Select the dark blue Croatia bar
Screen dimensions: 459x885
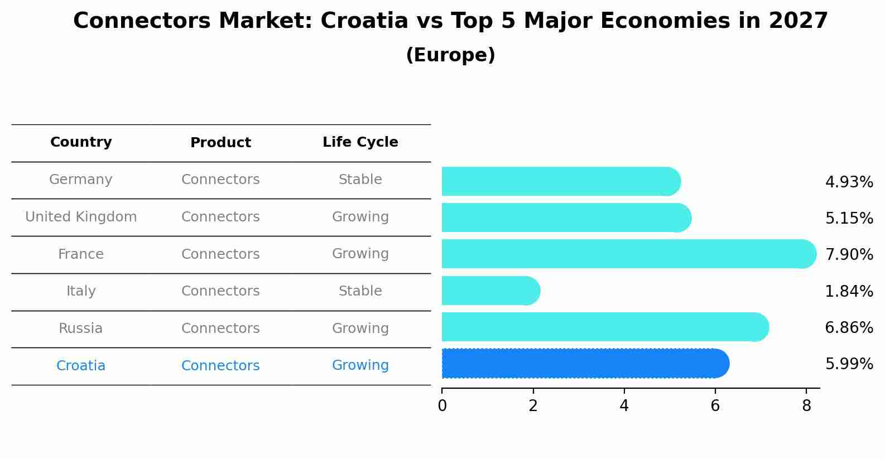(585, 363)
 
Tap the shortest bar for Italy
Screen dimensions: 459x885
(490, 291)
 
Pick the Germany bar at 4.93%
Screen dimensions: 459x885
(561, 181)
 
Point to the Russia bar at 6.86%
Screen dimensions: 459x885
(605, 327)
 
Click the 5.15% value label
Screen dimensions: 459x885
(849, 218)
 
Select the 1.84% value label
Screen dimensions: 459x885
(849, 291)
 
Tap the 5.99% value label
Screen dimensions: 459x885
(849, 364)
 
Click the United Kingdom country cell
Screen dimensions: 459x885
(81, 217)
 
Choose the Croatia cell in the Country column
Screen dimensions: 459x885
(81, 366)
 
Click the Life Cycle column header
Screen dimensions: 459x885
(360, 142)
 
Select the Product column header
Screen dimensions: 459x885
(220, 143)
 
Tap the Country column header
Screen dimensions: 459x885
(81, 142)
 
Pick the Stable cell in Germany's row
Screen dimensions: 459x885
(360, 180)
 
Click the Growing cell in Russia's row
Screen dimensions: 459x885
(360, 328)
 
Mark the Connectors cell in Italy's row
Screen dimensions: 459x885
(220, 291)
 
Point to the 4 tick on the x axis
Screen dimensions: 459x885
(624, 405)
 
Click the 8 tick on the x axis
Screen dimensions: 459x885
(806, 405)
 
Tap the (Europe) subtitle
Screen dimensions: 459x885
(450, 55)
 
